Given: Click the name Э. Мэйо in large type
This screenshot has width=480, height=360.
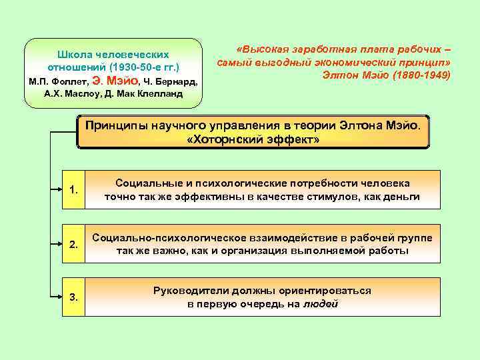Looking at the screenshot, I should tap(115, 81).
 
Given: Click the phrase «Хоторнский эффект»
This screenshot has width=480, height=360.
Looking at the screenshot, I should tap(253, 140).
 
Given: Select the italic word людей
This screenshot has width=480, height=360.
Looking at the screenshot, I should tap(321, 303).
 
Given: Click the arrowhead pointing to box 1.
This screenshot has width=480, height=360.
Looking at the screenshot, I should tap(57, 192).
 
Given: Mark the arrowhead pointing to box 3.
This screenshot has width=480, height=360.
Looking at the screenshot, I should tap(57, 296).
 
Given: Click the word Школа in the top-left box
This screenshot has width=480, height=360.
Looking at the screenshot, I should tap(77, 54).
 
